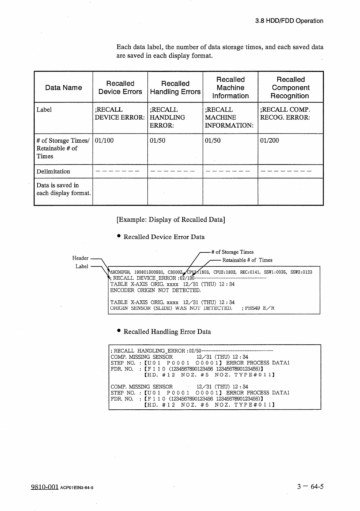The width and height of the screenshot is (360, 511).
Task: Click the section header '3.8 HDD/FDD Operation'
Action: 289,21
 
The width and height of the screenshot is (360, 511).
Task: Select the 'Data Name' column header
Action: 63,88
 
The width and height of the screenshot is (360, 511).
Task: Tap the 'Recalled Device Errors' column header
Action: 120,88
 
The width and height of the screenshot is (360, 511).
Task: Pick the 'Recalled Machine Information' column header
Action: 230,88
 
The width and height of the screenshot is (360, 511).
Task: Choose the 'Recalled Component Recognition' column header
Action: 291,88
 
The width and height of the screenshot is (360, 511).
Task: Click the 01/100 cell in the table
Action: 104,140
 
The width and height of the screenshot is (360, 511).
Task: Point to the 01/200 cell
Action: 270,140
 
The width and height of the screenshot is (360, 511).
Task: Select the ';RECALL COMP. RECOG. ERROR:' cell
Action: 285,114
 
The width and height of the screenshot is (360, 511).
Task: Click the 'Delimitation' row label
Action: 53,171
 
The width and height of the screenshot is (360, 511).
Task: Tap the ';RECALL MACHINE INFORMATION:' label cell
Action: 229,118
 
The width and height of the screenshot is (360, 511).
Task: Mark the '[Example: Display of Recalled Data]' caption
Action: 171,220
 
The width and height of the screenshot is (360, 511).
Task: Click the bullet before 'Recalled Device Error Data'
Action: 119,236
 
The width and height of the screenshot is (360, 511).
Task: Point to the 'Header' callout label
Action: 80,258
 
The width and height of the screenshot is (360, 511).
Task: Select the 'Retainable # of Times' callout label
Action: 247,260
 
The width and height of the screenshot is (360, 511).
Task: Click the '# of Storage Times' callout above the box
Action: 232,252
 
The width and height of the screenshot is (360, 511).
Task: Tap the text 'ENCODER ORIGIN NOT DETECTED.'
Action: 155,290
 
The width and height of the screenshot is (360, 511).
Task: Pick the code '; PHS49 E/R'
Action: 258,308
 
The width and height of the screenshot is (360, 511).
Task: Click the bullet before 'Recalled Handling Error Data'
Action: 119,331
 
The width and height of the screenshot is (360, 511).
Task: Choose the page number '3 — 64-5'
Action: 310,487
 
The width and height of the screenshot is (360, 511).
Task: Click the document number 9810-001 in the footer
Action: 45,487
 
